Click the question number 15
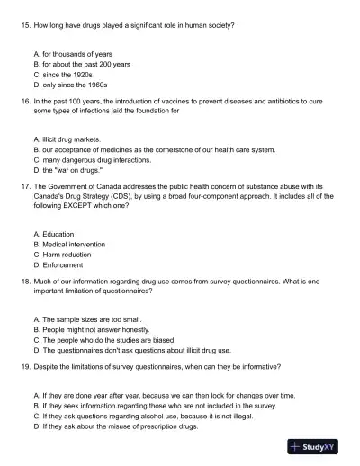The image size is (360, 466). [24, 25]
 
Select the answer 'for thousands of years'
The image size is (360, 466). [72, 55]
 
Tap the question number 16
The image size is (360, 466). [24, 103]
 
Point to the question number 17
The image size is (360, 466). [24, 188]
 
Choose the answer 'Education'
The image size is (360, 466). [58, 234]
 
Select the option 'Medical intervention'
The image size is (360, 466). [73, 244]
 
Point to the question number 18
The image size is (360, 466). [24, 282]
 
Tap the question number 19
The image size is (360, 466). [24, 367]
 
